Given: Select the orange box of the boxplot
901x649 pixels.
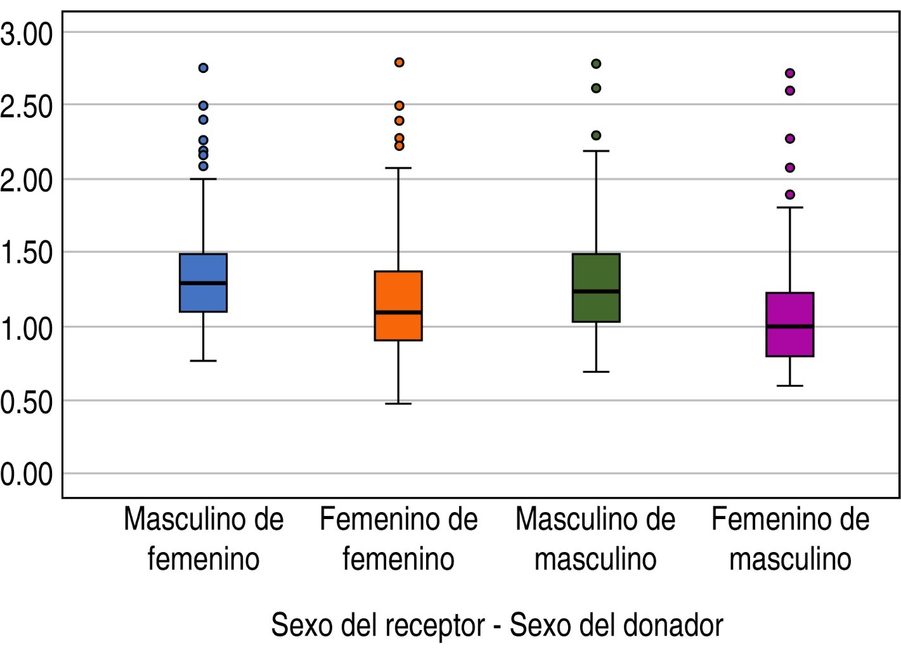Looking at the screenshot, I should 398,292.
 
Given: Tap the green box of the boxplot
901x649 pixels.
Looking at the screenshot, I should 596,273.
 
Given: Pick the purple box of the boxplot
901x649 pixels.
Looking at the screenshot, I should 790,342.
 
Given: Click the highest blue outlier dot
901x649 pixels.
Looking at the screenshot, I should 204,68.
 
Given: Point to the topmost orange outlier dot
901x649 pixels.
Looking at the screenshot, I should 399,62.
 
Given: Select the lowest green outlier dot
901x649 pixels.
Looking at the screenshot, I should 596,135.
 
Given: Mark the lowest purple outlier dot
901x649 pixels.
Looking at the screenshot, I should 790,195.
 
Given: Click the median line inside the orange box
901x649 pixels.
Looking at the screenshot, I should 398,312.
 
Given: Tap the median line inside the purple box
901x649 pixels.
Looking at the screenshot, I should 790,326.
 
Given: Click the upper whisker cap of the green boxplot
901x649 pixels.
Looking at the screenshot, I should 596,151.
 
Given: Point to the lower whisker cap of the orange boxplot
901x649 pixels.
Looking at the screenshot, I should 398,403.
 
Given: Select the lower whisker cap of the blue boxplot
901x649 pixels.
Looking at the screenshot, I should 203,361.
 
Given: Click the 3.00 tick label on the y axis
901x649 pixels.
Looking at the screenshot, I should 27,34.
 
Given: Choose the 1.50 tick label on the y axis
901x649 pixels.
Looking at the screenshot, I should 27,253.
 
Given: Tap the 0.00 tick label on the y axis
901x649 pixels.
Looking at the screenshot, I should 27,474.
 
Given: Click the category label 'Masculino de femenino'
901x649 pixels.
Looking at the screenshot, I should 204,539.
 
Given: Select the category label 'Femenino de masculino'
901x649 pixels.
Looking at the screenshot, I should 790,539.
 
